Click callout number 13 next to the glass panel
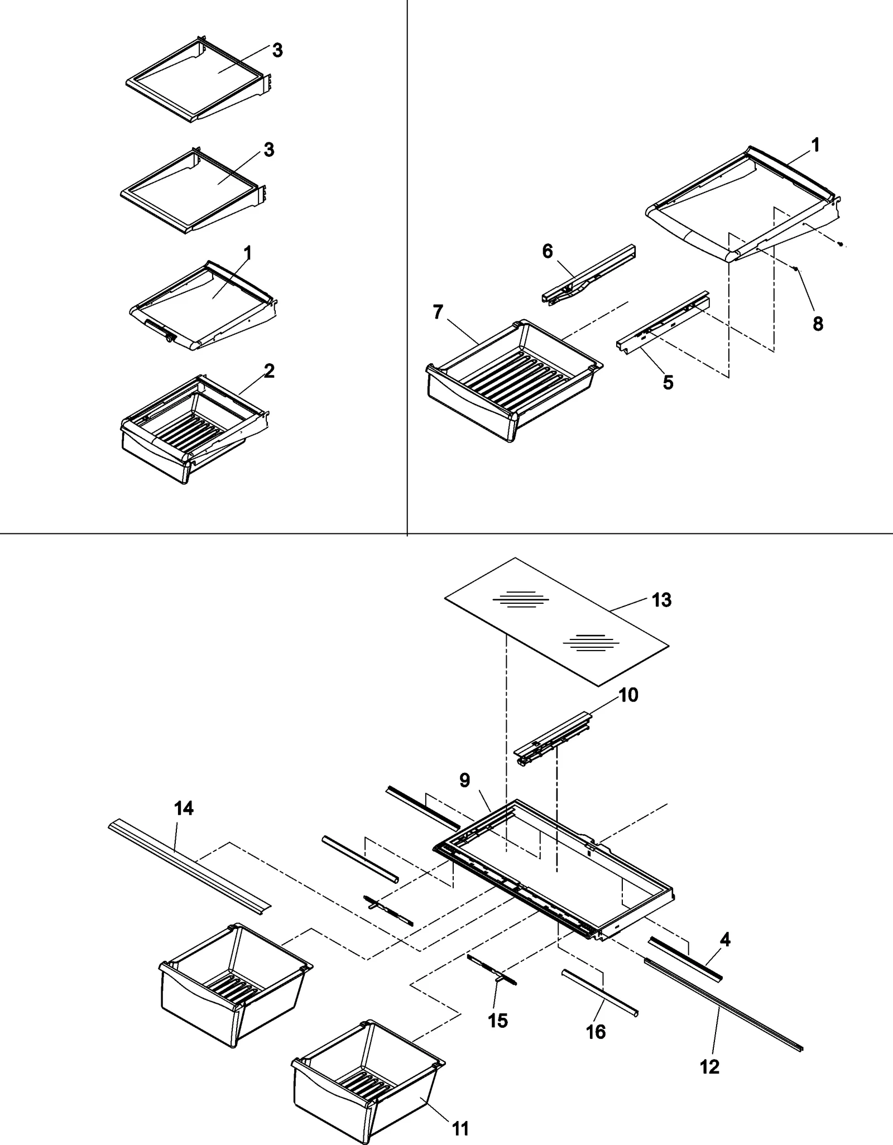(661, 600)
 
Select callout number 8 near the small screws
(818, 324)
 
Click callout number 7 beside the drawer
(438, 312)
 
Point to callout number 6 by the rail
(548, 251)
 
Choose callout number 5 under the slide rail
(668, 383)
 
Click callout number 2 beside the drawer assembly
(269, 371)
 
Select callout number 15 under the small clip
(498, 1021)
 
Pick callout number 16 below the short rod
(596, 1032)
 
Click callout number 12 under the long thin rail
(709, 1067)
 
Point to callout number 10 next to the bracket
(628, 695)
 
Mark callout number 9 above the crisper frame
(465, 780)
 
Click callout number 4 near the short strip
(724, 940)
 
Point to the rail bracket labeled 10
(553, 739)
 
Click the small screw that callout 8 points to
(796, 269)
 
